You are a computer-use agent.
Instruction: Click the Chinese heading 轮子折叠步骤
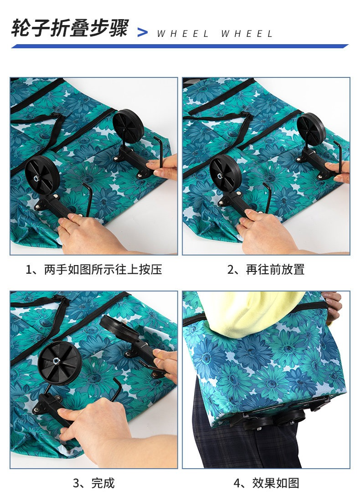[x=70, y=28]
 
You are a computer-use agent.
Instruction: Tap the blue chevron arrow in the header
[x=143, y=32]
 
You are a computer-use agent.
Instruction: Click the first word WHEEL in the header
[x=183, y=34]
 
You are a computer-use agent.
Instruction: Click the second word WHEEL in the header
[x=247, y=34]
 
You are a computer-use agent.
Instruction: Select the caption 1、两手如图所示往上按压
[x=94, y=269]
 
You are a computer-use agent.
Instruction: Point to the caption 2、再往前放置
[x=266, y=269]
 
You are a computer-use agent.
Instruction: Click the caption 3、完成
[x=94, y=483]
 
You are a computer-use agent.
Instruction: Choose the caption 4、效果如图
[x=266, y=483]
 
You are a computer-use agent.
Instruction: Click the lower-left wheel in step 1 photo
[x=42, y=175]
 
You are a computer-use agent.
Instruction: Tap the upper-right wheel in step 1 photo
[x=128, y=126]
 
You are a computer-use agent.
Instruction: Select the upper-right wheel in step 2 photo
[x=311, y=129]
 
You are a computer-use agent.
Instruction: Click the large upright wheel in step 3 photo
[x=59, y=363]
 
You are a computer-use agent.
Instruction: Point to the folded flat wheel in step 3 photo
[x=119, y=328]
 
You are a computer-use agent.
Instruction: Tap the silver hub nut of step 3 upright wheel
[x=56, y=360]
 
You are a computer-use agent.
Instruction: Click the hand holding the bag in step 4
[x=333, y=306]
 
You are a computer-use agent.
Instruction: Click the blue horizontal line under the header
[x=180, y=46]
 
